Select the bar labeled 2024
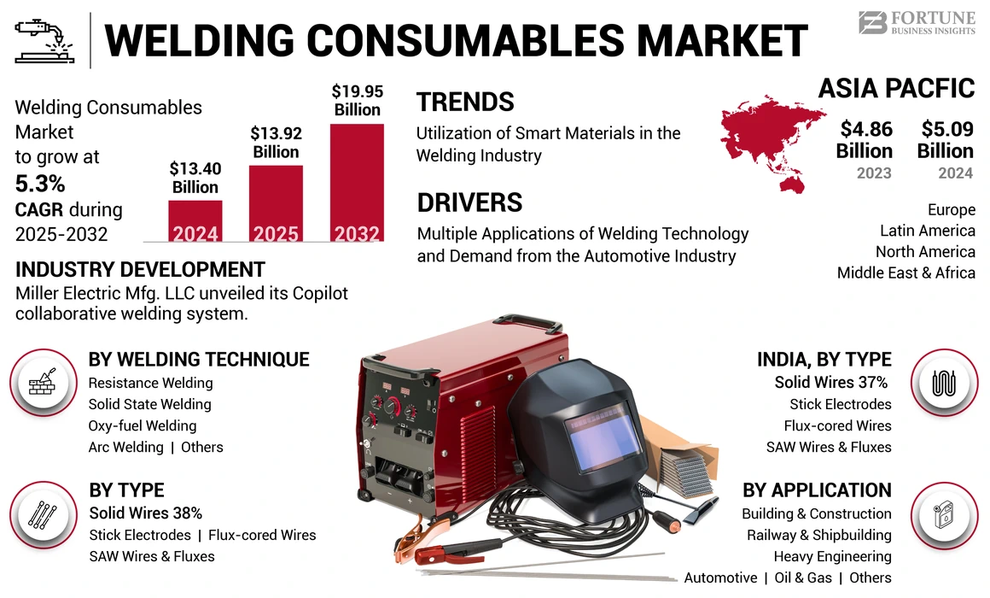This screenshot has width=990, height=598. [195, 221]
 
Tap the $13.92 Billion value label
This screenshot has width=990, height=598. [275, 143]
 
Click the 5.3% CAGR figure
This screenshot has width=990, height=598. [40, 184]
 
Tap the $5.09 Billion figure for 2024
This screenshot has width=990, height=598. [946, 140]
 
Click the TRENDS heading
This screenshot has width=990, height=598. [465, 103]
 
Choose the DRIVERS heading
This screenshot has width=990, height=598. [469, 202]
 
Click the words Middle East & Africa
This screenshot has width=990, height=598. [906, 273]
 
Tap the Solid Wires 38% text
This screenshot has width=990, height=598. [145, 513]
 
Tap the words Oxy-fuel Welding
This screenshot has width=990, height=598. [143, 425]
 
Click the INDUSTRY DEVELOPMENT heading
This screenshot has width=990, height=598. [140, 270]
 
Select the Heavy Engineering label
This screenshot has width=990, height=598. [832, 556]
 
